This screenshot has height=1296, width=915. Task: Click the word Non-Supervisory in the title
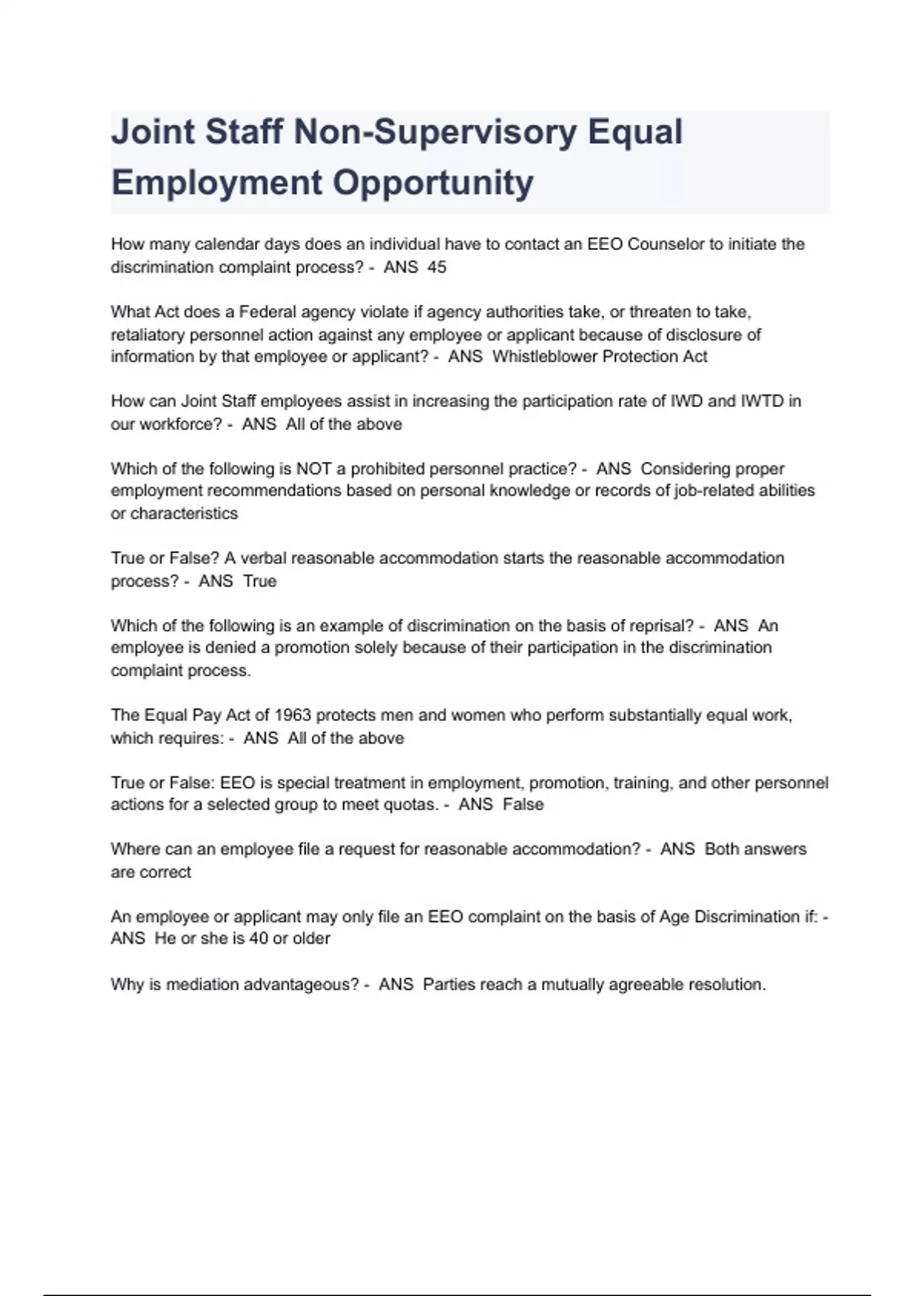435,132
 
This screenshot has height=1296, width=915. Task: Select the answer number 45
437,268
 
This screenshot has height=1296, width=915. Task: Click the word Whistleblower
544,357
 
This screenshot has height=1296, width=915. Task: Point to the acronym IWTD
762,401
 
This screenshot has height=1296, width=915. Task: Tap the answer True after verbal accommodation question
260,581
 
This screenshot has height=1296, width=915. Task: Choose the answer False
523,804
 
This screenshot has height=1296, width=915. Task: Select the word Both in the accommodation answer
721,849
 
